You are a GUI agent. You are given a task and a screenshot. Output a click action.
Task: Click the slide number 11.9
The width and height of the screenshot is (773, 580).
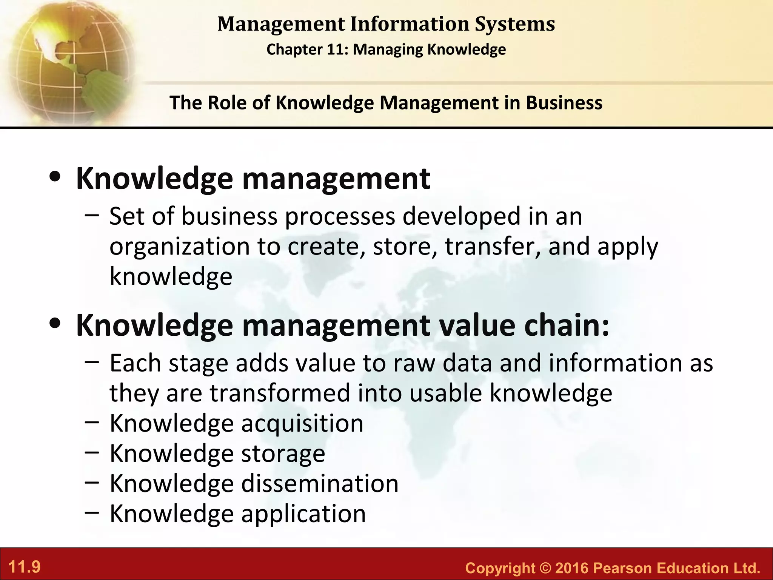(x=24, y=567)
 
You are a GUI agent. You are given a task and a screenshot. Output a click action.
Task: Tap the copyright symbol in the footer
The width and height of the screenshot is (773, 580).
(x=545, y=568)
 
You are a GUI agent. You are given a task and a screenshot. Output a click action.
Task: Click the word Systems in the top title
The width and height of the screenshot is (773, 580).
(x=515, y=24)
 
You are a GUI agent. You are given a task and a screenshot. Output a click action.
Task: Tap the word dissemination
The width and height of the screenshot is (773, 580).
(x=320, y=483)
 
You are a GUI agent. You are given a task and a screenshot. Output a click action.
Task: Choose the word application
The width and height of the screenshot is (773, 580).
(x=303, y=514)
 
